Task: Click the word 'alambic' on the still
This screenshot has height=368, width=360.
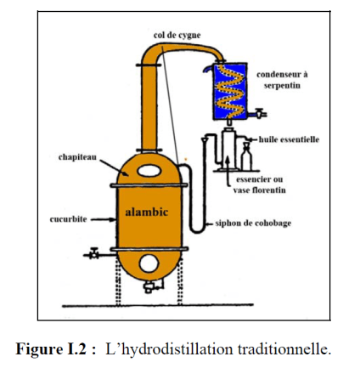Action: coord(148,210)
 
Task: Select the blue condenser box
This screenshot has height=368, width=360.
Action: coord(229,86)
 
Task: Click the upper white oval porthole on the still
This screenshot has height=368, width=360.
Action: coord(149,171)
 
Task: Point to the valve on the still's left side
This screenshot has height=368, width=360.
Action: coord(96,252)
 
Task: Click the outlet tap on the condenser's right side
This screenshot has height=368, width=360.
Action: coord(261,111)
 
